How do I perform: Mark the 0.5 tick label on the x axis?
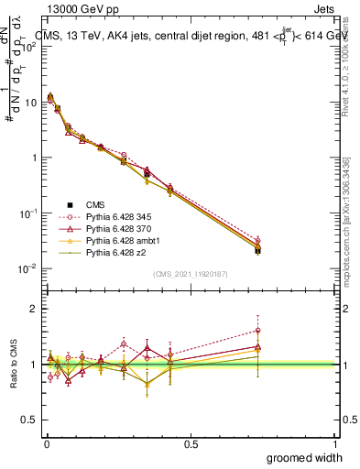point(191,443)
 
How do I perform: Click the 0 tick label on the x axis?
point(46,443)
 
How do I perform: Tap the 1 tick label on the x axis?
point(335,443)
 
